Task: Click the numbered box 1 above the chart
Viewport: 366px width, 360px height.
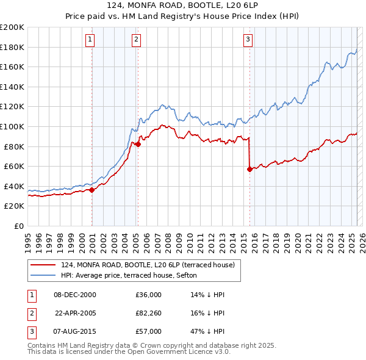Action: (x=90, y=40)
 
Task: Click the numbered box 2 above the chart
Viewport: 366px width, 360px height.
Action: (x=136, y=40)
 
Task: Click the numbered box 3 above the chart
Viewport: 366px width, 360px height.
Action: (x=248, y=40)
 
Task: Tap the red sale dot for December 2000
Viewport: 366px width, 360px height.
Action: (x=92, y=190)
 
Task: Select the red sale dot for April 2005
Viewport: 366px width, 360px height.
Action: (x=138, y=144)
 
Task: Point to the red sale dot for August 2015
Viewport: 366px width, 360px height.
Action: (x=249, y=169)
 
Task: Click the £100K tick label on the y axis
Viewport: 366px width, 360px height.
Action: (x=12, y=126)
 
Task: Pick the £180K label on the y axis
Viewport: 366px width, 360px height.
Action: (x=12, y=47)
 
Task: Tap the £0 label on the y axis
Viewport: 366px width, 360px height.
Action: (x=18, y=226)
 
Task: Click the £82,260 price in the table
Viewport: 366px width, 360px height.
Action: (x=149, y=313)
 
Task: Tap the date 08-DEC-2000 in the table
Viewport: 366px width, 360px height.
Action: (x=75, y=295)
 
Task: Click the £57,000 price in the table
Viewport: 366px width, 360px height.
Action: (x=149, y=331)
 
